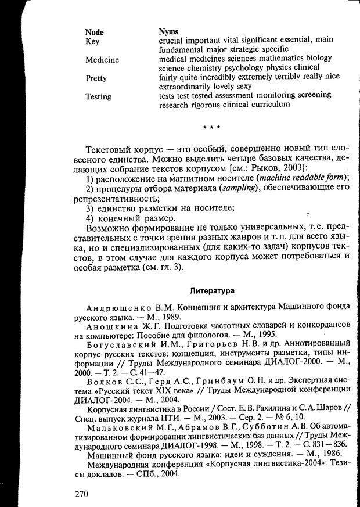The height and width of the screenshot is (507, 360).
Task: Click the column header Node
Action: (x=95, y=32)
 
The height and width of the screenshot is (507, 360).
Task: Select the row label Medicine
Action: (x=102, y=60)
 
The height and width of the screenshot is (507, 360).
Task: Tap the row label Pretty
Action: (x=96, y=78)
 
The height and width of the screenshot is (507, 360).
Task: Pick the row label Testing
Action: (x=98, y=97)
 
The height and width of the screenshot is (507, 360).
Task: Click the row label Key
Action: (x=92, y=41)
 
